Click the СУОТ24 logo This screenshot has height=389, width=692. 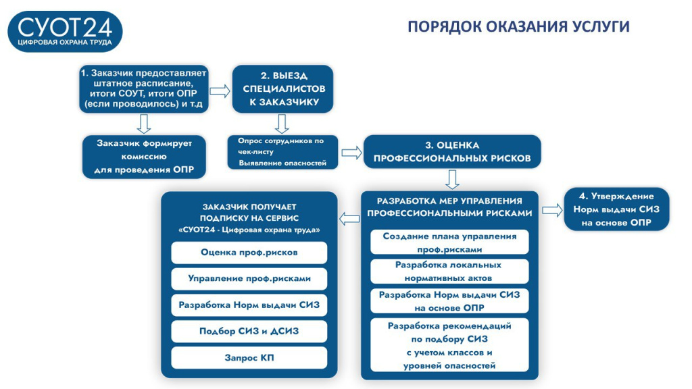pos(65,31)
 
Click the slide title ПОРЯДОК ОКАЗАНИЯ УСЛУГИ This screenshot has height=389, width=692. pos(518,26)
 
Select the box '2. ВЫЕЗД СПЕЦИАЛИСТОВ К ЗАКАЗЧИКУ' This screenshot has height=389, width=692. pos(282,88)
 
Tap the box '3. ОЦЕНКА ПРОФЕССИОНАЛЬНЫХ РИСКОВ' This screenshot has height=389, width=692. pos(452,152)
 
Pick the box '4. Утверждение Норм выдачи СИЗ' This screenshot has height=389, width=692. pos(616,209)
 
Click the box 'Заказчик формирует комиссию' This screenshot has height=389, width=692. pos(145,157)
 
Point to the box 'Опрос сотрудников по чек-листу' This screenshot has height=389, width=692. pos(282,152)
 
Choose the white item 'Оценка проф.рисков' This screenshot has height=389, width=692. pos(249,253)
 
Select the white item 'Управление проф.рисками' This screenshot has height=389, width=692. pos(249,278)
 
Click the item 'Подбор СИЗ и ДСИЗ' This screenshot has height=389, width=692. pos(249,331)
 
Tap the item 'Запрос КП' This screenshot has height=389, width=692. pos(249,357)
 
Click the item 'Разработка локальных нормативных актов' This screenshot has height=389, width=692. pos(449,271)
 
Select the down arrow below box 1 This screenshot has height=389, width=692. pos(144,123)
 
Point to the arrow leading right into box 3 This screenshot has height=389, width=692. pos(351,152)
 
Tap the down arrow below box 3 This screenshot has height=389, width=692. pos(452,179)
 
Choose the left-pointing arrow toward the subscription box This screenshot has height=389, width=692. pos(349,218)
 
